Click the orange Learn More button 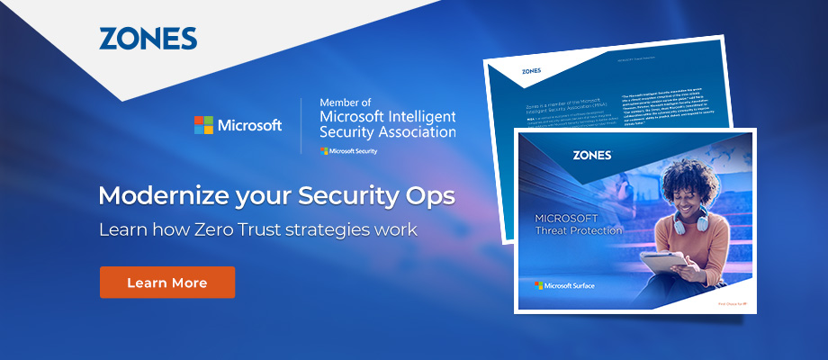click(166, 283)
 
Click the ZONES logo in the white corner click(148, 38)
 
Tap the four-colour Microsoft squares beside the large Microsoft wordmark click(203, 125)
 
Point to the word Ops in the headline click(427, 195)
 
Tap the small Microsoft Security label click(349, 151)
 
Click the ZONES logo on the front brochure click(591, 155)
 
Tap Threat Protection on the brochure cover click(579, 230)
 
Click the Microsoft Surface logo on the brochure click(564, 285)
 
